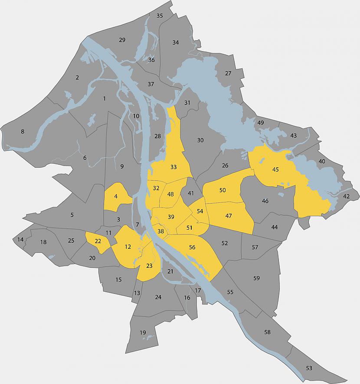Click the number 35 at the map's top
click(160, 16)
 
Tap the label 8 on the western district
click(23, 131)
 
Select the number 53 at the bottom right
click(309, 368)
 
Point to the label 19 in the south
click(143, 332)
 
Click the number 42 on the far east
click(346, 197)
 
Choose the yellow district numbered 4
click(116, 196)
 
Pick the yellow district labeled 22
click(98, 241)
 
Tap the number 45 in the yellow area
click(275, 169)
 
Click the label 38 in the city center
click(160, 231)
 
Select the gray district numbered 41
click(190, 193)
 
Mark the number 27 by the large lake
click(228, 73)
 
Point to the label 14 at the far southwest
click(20, 240)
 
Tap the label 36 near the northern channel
click(151, 60)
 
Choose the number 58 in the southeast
click(267, 332)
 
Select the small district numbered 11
click(109, 233)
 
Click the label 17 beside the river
click(198, 290)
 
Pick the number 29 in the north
click(122, 40)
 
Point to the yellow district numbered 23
click(149, 266)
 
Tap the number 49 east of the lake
click(261, 123)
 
